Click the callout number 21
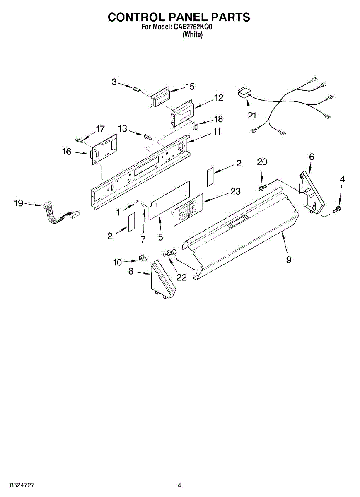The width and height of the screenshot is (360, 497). (252, 116)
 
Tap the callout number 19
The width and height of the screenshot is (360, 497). (19, 203)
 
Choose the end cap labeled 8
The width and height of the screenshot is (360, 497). (163, 280)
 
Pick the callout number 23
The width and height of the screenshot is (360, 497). (235, 191)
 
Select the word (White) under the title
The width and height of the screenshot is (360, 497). (193, 35)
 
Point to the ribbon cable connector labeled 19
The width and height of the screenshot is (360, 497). (46, 205)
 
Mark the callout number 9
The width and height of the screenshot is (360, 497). (288, 260)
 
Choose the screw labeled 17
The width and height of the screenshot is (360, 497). (80, 140)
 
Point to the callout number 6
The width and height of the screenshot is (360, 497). (312, 157)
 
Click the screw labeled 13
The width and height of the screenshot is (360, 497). (146, 136)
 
